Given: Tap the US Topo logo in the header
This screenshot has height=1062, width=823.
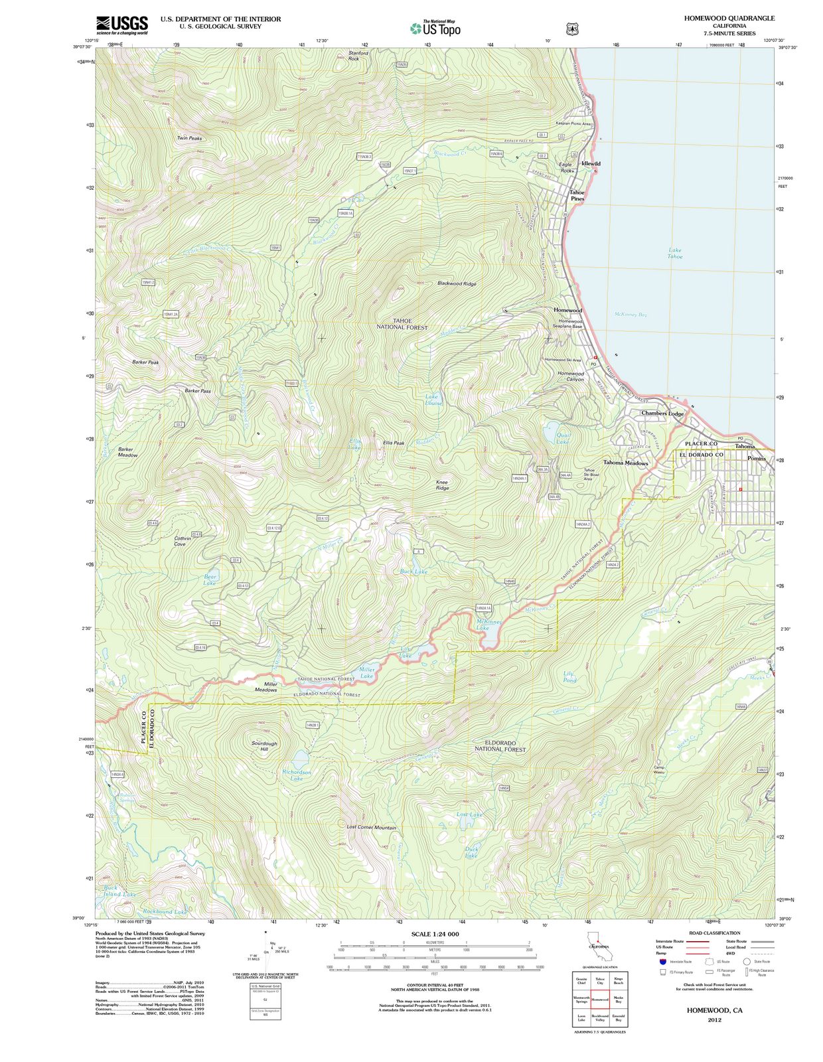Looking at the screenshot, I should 435,28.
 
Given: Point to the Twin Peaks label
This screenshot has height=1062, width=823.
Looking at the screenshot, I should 189,138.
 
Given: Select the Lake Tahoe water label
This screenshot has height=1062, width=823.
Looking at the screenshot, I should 674,253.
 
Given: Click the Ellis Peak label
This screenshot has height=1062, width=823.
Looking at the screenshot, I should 393,443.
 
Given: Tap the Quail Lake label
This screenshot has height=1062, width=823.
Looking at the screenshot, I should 563,438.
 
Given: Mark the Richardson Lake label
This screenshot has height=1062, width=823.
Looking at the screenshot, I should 296,775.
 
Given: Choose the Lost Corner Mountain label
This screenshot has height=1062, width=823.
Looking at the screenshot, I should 371,828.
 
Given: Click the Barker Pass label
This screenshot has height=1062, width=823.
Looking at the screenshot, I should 198,391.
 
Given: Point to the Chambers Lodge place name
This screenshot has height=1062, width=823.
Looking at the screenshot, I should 662,413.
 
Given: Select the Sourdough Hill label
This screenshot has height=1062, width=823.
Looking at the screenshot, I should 264,746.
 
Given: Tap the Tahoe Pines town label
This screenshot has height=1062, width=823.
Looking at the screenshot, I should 577,195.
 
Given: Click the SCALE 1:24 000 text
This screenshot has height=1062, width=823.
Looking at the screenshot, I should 435,934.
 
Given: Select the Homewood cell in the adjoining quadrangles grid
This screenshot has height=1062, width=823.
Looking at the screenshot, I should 599,1000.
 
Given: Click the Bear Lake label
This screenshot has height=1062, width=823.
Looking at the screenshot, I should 210,579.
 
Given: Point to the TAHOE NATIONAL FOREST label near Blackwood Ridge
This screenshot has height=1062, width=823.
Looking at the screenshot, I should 402,324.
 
